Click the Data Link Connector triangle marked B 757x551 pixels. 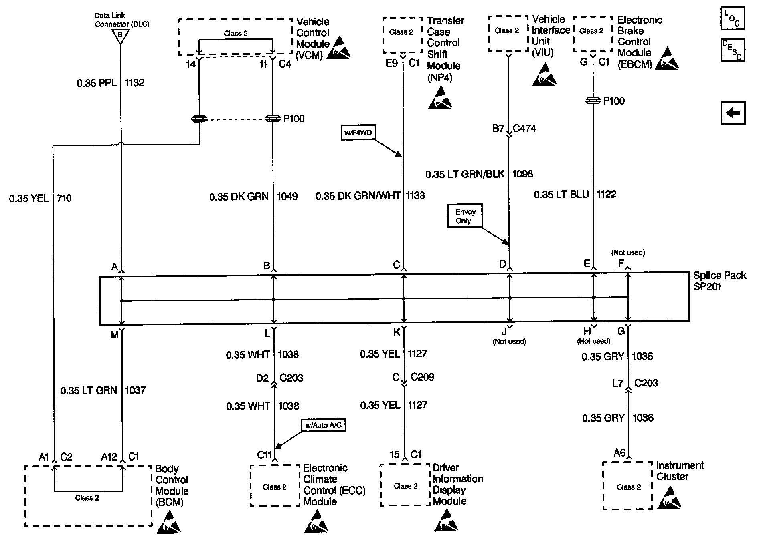[120, 36]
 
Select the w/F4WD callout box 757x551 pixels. [358, 133]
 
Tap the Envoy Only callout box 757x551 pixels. [465, 216]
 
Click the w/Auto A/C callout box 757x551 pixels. [323, 425]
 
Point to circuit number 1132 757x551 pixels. [134, 83]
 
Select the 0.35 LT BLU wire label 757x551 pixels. [561, 195]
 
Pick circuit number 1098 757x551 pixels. [522, 174]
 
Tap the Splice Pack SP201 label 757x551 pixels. [719, 281]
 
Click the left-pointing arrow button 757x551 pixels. [733, 113]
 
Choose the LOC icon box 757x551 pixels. [732, 18]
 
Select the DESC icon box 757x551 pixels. [732, 50]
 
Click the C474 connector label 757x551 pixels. [524, 128]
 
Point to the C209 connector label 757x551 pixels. [422, 377]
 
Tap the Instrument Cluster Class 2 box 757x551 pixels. [627, 485]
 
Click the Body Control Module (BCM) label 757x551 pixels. [172, 485]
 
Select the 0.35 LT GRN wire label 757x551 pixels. [89, 390]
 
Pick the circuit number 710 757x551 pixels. [64, 198]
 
